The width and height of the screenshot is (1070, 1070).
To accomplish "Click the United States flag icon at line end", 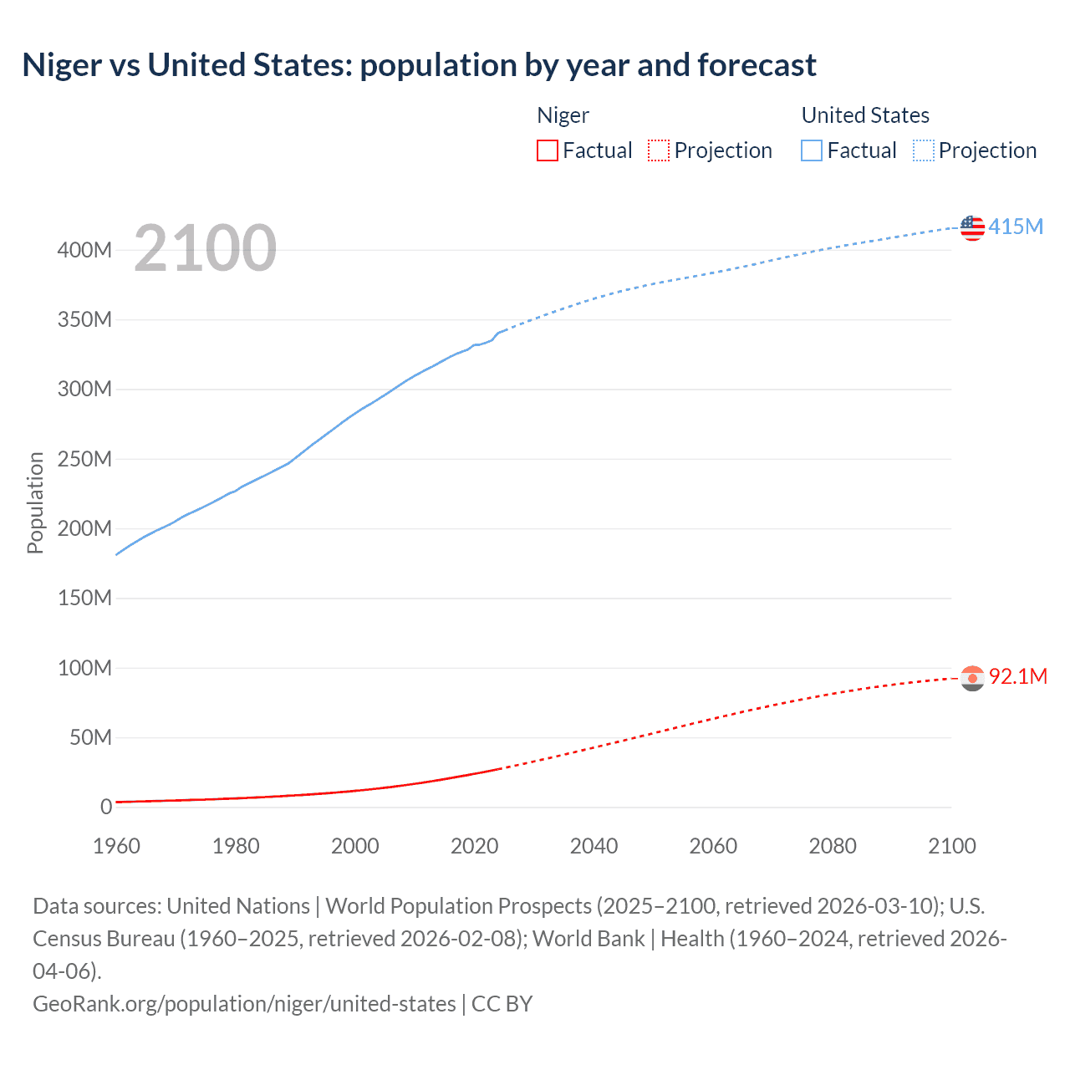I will click(972, 227).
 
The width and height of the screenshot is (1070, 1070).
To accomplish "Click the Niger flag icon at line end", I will click(972, 678).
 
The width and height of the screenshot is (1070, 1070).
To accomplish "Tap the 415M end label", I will click(1016, 227).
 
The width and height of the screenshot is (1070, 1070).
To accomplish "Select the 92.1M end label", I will click(1017, 676).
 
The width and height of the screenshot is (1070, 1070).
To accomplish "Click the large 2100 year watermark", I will click(205, 248).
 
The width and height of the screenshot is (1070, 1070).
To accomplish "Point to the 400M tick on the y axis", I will click(84, 250).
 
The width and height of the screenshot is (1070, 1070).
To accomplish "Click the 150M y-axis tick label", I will click(84, 599).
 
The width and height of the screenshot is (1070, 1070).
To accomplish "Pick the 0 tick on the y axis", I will click(106, 807).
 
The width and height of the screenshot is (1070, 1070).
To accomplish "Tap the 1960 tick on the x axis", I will click(116, 846).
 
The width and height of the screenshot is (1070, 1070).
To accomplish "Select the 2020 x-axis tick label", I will click(474, 846).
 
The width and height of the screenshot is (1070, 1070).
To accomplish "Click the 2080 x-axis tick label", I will click(832, 846).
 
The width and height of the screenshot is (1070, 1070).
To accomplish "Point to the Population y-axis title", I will click(35, 502).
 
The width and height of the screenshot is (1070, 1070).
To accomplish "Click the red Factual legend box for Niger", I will click(547, 150).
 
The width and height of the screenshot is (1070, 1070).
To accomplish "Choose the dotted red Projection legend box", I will click(659, 150).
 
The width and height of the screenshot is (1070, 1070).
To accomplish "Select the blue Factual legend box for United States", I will click(811, 150).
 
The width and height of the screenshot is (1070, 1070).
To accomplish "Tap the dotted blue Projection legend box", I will click(923, 150).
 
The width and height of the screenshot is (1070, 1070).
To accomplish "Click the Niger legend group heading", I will click(563, 115).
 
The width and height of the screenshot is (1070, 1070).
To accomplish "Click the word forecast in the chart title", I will click(757, 65).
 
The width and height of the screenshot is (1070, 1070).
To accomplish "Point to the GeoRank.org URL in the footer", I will click(244, 1003).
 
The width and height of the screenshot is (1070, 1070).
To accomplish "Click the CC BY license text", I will click(502, 1003).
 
